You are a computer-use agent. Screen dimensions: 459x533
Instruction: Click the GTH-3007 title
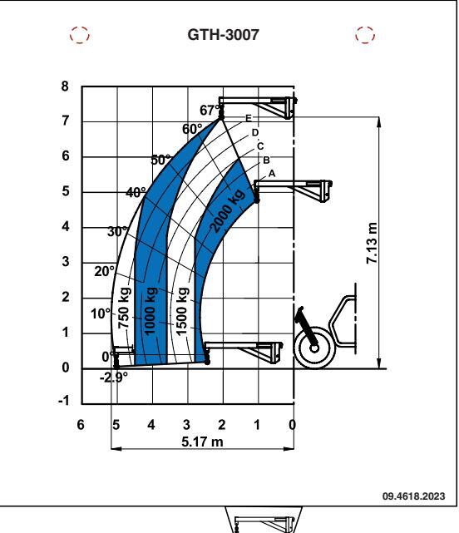tap(223, 35)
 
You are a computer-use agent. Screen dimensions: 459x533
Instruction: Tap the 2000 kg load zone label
tap(228, 210)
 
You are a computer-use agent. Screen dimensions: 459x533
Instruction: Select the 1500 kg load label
tap(182, 311)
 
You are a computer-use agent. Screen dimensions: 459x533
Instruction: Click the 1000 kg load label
tap(150, 311)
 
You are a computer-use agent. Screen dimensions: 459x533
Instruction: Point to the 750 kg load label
tap(125, 308)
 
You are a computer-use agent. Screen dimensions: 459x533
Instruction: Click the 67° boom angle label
tap(210, 110)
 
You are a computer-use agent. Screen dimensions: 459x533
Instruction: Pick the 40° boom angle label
tap(136, 193)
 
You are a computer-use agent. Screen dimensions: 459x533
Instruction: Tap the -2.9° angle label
tap(114, 378)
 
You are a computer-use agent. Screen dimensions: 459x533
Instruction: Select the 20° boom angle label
tap(105, 272)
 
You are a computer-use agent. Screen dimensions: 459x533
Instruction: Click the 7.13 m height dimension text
tap(372, 243)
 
